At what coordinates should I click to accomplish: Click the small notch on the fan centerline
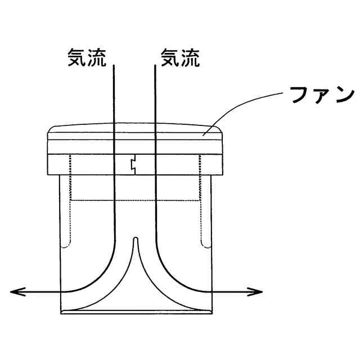pyautogui.click(x=133, y=164)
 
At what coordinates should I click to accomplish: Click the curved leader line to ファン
pyautogui.click(x=242, y=107)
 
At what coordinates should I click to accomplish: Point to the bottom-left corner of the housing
pyautogui.click(x=60, y=313)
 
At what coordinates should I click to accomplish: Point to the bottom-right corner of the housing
pyautogui.click(x=211, y=313)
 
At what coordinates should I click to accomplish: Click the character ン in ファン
pyautogui.click(x=341, y=96)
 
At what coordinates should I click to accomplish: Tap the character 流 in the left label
pyautogui.click(x=96, y=58)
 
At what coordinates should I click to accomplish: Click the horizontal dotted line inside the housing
pyautogui.click(x=135, y=200)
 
